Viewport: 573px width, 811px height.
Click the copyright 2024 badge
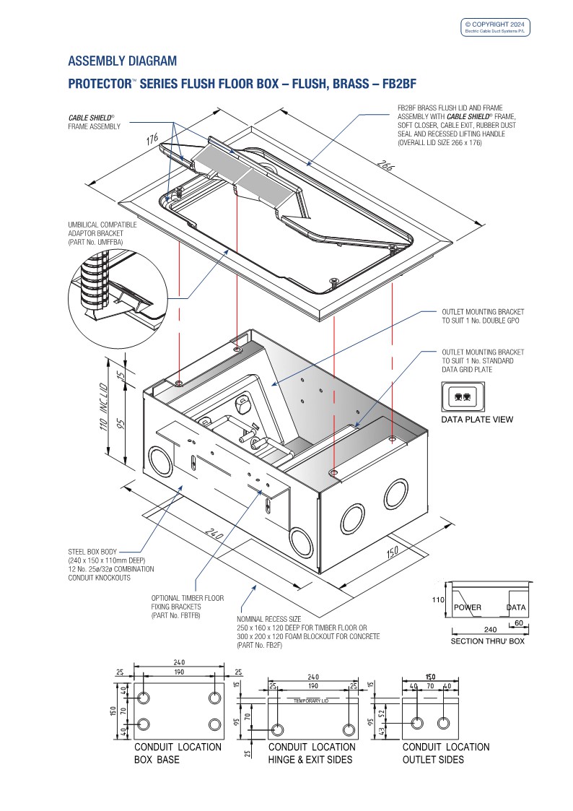tap(496, 27)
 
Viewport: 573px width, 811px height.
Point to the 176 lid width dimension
tap(153, 139)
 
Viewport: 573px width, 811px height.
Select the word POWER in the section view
tap(467, 607)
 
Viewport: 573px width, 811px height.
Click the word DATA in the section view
tap(516, 607)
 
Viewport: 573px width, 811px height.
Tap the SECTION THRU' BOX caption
tap(487, 641)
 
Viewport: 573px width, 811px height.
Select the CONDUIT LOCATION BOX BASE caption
tap(178, 753)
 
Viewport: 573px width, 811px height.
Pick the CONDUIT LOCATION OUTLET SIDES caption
tap(445, 753)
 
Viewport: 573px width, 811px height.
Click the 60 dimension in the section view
tap(518, 622)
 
